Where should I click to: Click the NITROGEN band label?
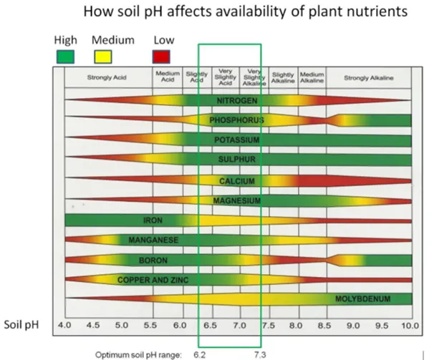point(236,100)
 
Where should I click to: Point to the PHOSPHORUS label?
point(236,120)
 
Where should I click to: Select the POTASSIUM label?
point(236,140)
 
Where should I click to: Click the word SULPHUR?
point(236,159)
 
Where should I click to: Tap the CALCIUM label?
point(236,180)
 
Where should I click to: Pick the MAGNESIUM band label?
point(236,200)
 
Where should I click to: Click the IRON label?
point(153,220)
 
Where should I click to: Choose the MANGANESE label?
point(153,240)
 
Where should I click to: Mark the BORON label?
point(153,260)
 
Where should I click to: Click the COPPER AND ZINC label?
point(153,279)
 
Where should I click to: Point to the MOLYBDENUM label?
point(362,298)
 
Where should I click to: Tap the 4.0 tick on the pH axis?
point(64,325)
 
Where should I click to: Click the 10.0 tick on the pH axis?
point(408,325)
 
